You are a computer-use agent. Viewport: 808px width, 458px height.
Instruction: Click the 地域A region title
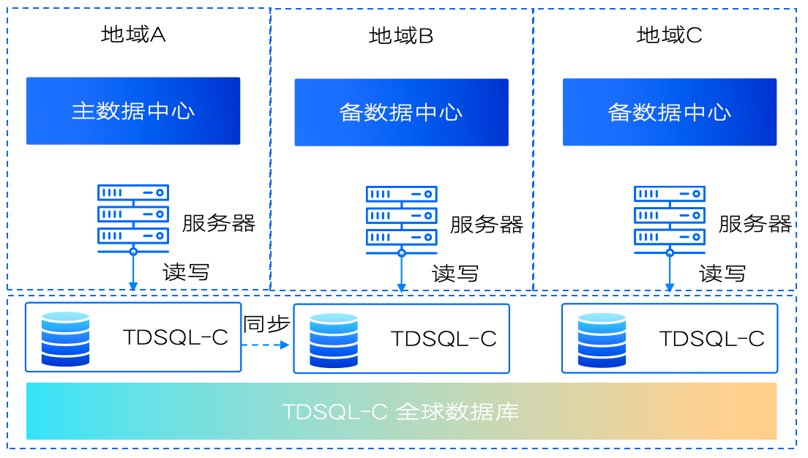[133, 34]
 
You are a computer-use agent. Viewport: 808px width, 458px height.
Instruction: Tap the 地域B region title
[401, 36]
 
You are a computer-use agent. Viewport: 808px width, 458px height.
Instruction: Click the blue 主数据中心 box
[133, 110]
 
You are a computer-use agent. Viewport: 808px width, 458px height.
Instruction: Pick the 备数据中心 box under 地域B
[401, 112]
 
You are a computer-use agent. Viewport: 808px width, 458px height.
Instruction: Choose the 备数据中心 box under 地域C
[669, 112]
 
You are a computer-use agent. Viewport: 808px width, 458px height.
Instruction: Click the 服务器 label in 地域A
[218, 223]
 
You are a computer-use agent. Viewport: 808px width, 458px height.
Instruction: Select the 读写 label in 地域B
[454, 274]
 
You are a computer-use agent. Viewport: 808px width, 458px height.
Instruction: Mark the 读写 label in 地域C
[722, 274]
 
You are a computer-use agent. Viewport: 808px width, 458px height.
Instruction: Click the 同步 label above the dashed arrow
[266, 324]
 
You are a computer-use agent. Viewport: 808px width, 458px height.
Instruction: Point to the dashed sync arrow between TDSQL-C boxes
[266, 345]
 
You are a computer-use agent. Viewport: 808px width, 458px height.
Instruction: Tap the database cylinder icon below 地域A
[65, 339]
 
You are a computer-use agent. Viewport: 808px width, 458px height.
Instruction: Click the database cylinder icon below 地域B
[333, 340]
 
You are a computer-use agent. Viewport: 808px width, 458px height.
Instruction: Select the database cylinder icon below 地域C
[602, 340]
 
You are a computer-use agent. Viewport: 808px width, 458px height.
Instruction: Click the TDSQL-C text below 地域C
[711, 339]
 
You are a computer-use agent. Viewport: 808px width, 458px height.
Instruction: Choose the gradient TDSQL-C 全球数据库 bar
[401, 411]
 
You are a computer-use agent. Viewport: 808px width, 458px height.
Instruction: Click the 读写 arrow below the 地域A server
[133, 272]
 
